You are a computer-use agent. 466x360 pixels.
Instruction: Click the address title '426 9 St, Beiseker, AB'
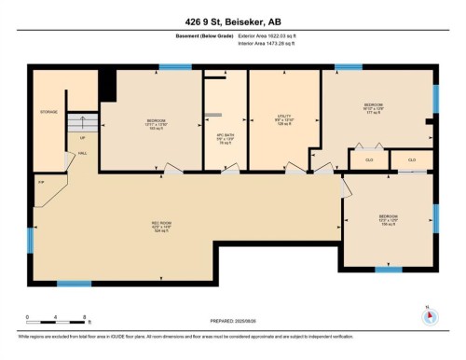tap(232, 20)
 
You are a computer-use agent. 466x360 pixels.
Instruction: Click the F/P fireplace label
tap(40, 182)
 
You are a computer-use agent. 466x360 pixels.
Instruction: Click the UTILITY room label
tap(284, 120)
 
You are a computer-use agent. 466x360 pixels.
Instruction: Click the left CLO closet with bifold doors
tap(368, 160)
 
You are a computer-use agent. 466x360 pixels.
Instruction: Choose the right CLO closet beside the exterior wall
tap(411, 160)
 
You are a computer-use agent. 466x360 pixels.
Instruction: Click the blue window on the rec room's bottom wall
tap(71, 284)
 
